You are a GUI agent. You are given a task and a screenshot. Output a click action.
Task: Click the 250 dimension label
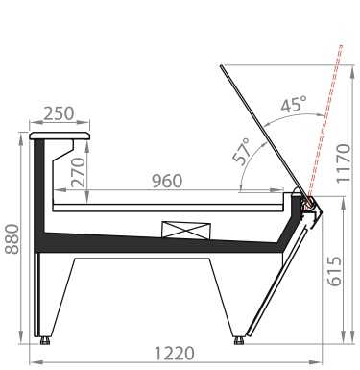(59, 113)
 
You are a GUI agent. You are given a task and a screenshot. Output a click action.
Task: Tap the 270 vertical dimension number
(79, 172)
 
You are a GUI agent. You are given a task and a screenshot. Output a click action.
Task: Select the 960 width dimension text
(167, 181)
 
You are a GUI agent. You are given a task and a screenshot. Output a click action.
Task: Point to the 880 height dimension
(12, 239)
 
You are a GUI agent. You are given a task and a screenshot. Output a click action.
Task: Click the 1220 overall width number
(174, 354)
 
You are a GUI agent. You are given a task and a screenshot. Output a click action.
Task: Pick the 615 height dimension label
(335, 271)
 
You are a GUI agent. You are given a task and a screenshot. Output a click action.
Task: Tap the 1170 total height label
(344, 163)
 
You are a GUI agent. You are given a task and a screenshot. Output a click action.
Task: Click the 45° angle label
(294, 104)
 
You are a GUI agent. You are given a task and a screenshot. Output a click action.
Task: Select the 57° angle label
(242, 152)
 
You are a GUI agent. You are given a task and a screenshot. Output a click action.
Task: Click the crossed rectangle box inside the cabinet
(186, 230)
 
